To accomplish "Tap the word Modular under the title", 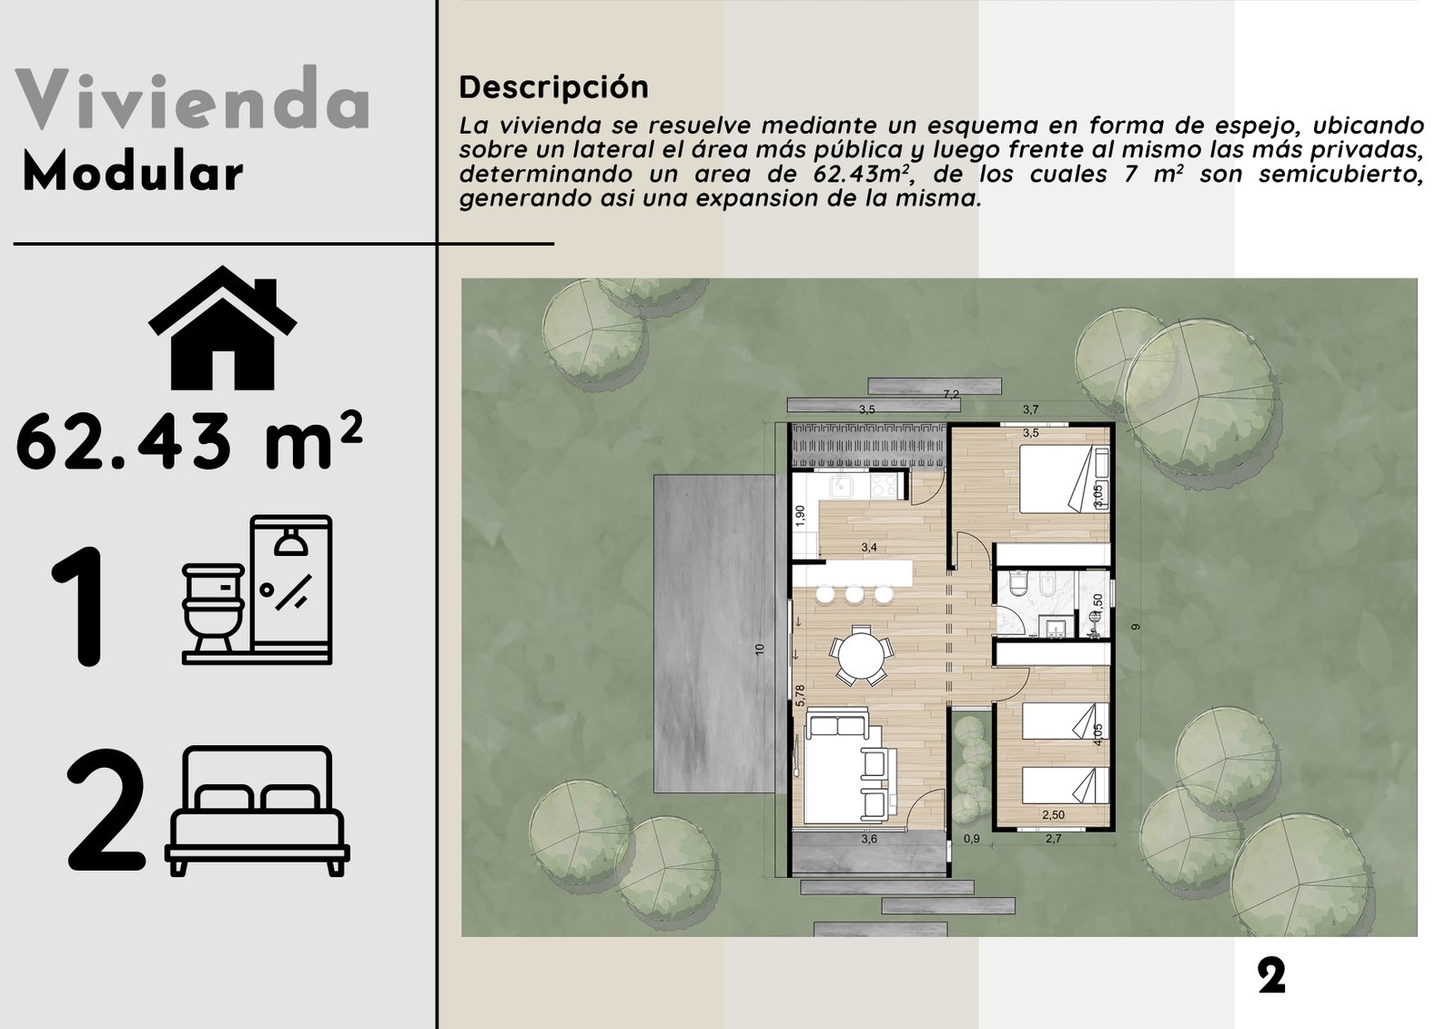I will pos(133,173).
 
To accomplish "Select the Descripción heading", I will pos(553,87).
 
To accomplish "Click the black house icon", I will pos(223,328).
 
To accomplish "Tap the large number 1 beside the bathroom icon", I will pos(83,607).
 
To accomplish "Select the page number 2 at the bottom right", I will pos(1271,977).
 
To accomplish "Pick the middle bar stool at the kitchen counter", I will pos(854,594).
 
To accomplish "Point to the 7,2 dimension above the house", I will pos(951,395).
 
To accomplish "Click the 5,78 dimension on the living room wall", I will pos(800,696).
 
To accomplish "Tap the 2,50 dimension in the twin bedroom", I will pos(1053,815).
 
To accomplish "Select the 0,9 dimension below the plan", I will pos(972,839).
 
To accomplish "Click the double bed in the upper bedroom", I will pos(1061,479).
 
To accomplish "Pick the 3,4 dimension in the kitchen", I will pos(869,548).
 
